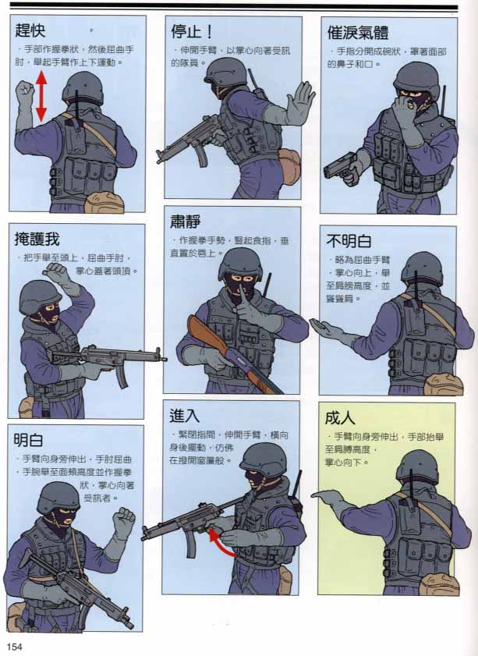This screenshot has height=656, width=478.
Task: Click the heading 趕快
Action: coord(33,31)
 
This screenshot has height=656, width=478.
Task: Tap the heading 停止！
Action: coord(193,31)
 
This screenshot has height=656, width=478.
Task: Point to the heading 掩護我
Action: coord(37,239)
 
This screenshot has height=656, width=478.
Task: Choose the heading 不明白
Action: coord(349,241)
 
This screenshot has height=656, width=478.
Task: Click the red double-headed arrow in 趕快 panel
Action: coord(41,97)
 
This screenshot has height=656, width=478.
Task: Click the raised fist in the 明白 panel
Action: coord(123,522)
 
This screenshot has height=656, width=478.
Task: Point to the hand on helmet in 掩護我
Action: coord(58,273)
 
